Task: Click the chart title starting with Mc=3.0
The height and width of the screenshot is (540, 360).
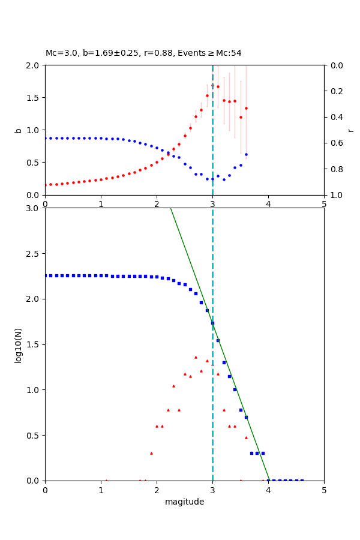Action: (x=143, y=53)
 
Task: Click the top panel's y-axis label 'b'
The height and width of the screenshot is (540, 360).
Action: (x=18, y=130)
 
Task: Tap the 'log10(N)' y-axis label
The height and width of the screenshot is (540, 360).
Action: (x=18, y=344)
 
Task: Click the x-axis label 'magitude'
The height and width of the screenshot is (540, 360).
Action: (x=184, y=502)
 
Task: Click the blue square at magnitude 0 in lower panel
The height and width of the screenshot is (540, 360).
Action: (x=45, y=275)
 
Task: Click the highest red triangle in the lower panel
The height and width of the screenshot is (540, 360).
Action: (x=196, y=357)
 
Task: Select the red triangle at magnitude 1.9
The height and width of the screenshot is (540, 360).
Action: (x=151, y=453)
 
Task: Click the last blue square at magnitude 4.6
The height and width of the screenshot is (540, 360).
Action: (x=302, y=481)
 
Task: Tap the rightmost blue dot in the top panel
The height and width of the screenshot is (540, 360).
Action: (x=246, y=154)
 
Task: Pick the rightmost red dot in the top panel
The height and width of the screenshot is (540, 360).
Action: (x=246, y=108)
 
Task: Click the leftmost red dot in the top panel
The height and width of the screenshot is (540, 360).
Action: (x=45, y=185)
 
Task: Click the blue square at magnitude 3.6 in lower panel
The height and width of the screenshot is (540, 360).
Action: (x=246, y=417)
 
